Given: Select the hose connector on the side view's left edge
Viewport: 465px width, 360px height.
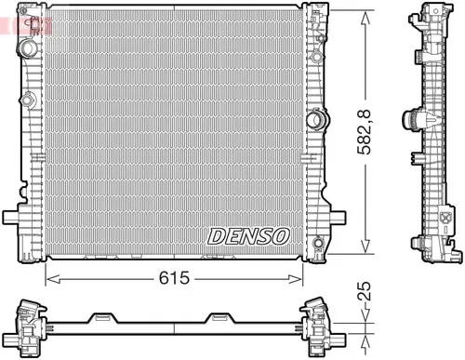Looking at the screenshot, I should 410,121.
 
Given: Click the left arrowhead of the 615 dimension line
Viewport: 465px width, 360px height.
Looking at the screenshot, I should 51,277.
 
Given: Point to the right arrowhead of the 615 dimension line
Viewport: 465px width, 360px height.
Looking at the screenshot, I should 303,277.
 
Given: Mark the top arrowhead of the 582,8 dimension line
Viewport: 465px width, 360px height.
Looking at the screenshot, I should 369,15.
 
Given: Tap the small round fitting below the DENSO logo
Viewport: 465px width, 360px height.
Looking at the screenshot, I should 319,246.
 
